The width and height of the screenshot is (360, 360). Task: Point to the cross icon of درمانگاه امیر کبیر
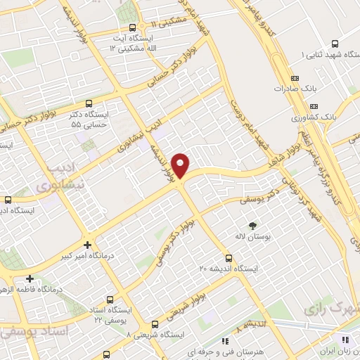(x=87, y=245)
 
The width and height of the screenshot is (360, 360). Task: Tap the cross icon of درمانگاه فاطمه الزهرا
(x=30, y=278)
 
